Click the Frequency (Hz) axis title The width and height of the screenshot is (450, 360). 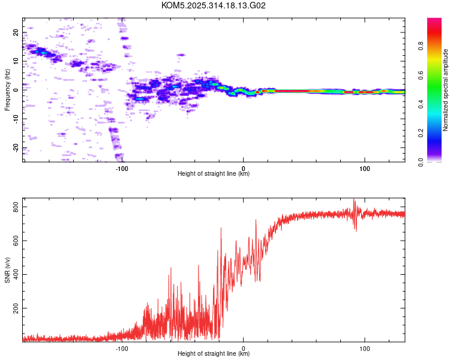(x=7, y=90)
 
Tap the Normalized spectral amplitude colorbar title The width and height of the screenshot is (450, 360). (x=445, y=90)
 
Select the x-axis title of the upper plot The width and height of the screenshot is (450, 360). (x=214, y=174)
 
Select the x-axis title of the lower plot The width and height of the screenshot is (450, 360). (x=214, y=354)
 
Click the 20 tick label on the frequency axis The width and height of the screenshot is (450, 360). (x=16, y=33)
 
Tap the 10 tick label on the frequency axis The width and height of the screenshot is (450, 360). (x=16, y=61)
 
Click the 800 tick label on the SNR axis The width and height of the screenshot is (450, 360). (x=13, y=207)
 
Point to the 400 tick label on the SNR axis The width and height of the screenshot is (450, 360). (x=13, y=274)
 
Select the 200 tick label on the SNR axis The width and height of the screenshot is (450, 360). (x=13, y=308)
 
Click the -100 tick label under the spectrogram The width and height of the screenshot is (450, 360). (x=122, y=169)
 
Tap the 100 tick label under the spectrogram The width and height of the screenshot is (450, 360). (x=364, y=169)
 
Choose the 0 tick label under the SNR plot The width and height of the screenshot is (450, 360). (x=243, y=348)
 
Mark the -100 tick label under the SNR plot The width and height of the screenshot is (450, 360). (x=122, y=348)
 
